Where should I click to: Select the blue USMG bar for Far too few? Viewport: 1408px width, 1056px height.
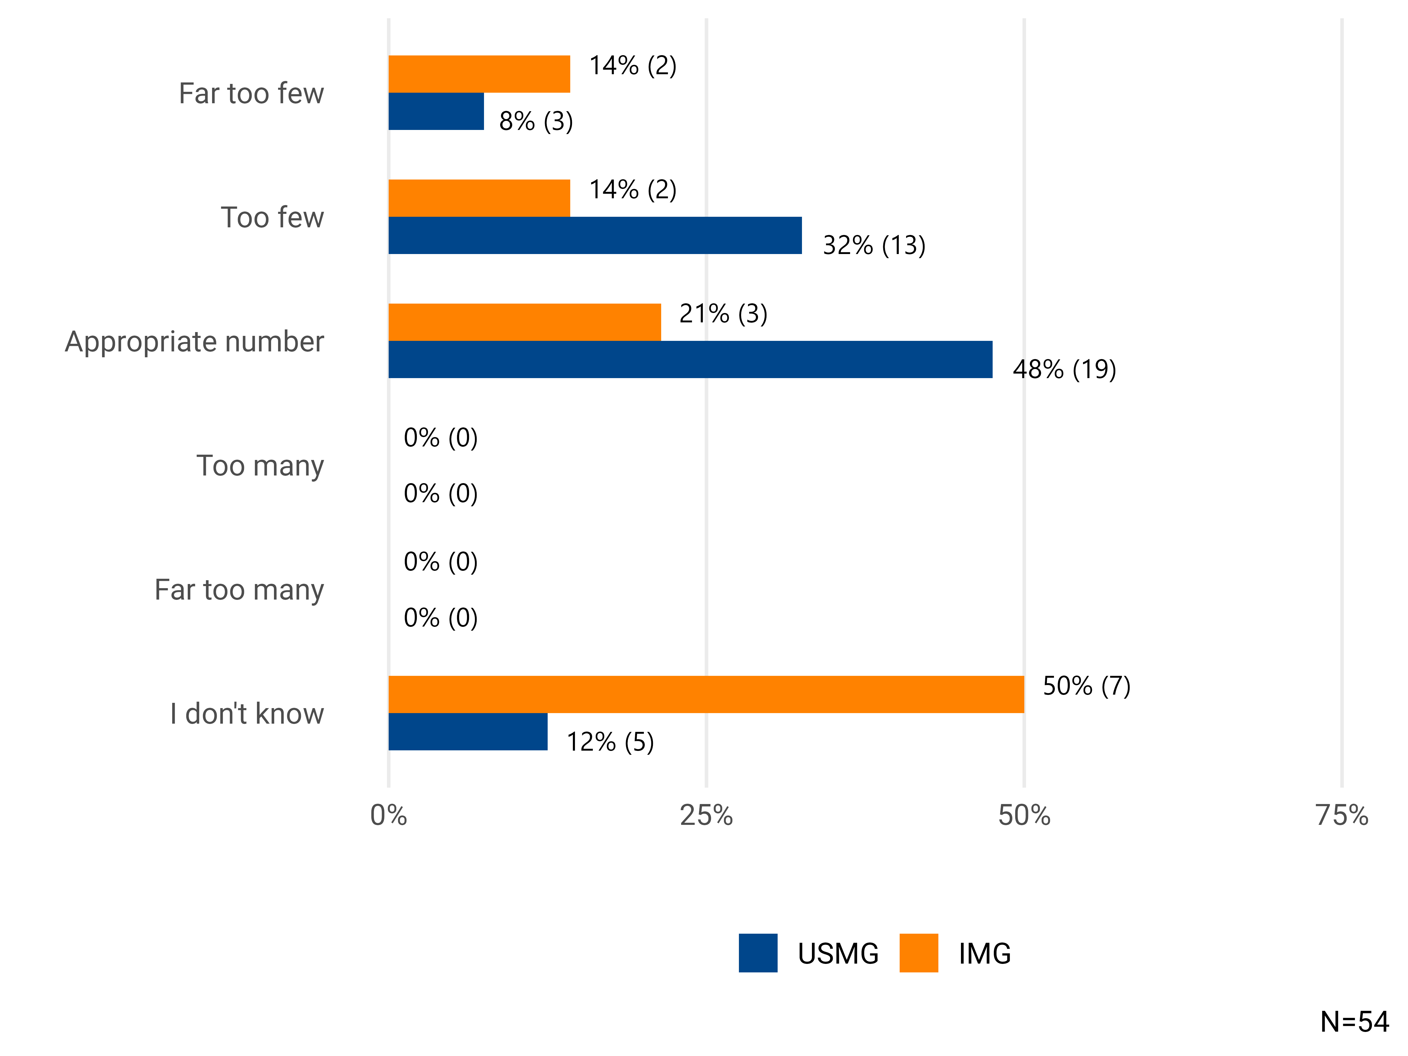(436, 111)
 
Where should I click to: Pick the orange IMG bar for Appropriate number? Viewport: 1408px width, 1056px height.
(524, 322)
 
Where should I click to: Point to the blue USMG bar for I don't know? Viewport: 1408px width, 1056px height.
(468, 732)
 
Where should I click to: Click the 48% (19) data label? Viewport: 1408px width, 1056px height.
(1064, 369)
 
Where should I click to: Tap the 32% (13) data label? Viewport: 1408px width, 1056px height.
(874, 245)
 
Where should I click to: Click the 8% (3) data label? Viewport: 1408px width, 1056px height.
(536, 121)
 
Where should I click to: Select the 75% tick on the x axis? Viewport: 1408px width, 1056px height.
(1342, 815)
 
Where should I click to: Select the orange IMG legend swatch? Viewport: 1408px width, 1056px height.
(918, 953)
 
